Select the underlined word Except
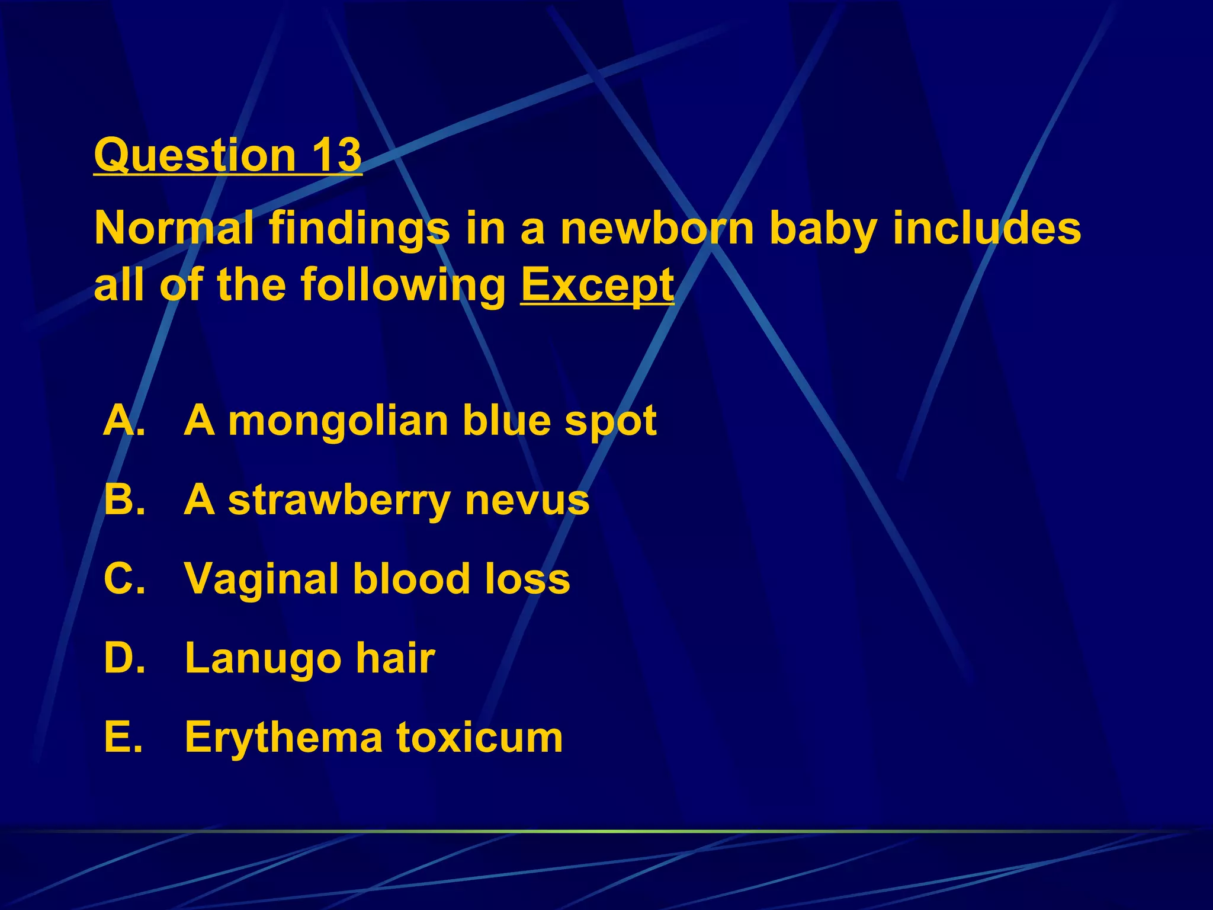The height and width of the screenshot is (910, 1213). point(597,286)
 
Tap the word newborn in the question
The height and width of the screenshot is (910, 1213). point(657,229)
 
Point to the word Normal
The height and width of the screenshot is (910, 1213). point(174,229)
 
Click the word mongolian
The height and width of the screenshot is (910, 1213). point(338,422)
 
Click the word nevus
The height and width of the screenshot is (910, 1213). point(527,501)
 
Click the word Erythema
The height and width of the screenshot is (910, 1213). point(284,738)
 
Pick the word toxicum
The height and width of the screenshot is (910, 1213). point(480,738)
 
